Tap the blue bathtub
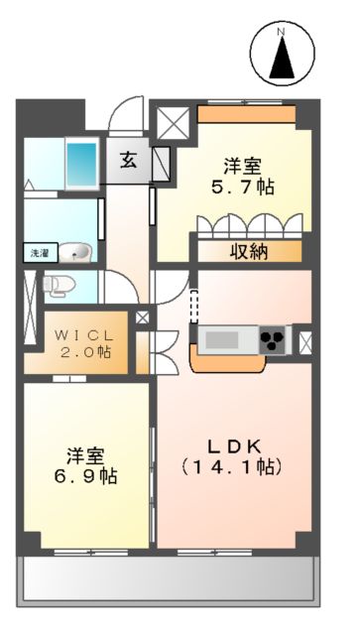(81, 159)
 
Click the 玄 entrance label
(130, 159)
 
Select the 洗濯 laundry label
(36, 253)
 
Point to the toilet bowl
(59, 286)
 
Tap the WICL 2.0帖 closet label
(83, 339)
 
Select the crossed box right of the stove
(305, 341)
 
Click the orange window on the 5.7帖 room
(246, 113)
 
